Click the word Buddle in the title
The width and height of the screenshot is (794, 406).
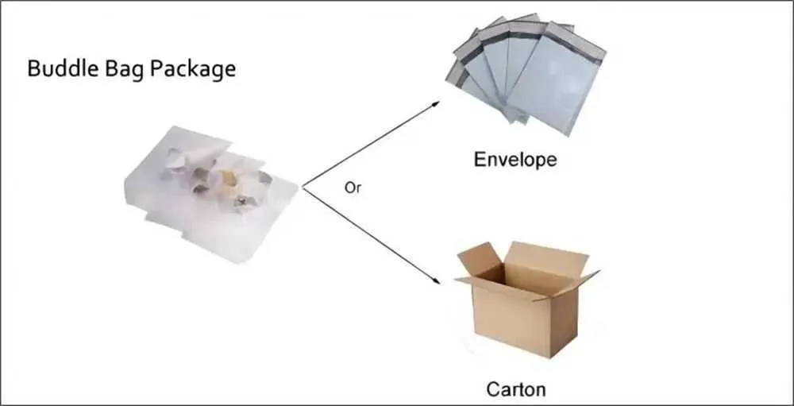(x=64, y=68)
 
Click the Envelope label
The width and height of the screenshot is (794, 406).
(x=515, y=160)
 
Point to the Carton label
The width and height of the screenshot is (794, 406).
(x=516, y=390)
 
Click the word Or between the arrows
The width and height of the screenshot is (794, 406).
(x=353, y=188)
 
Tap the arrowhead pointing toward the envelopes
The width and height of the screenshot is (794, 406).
(x=435, y=104)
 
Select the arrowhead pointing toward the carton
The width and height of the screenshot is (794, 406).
(x=435, y=280)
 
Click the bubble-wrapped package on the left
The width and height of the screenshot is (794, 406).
(x=210, y=194)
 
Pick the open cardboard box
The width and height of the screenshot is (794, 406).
(x=526, y=299)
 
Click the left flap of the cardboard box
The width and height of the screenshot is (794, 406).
(x=479, y=258)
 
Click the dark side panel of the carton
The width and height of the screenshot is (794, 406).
(x=563, y=324)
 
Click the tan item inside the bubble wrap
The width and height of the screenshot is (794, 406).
(x=229, y=179)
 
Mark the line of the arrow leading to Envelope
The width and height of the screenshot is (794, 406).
(x=371, y=145)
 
